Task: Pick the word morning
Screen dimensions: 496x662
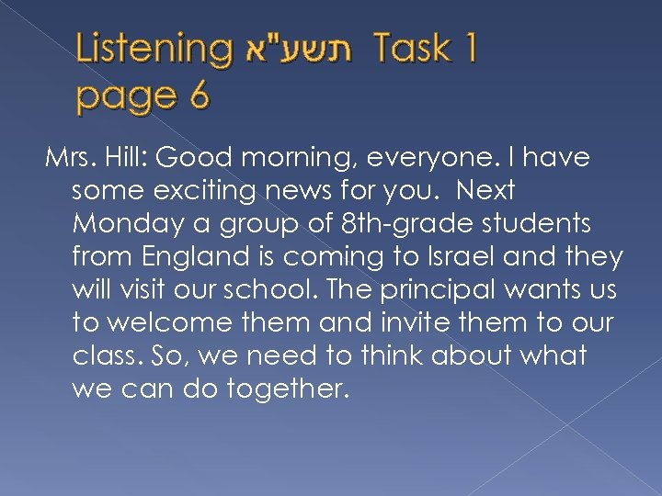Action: point(302,159)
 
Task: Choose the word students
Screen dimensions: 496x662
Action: point(526,225)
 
